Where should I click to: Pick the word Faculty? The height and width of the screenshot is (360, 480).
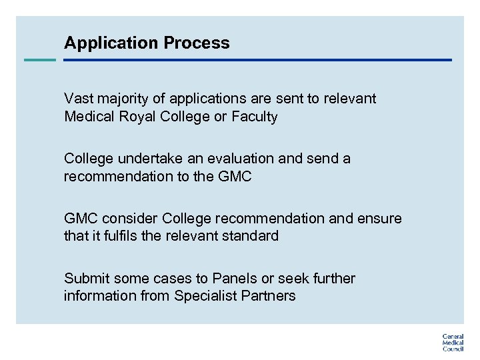point(255,117)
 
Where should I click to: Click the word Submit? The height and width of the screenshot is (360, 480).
point(87,279)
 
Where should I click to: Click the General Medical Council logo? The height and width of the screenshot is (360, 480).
point(453,342)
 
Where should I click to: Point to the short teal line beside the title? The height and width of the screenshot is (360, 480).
point(40,60)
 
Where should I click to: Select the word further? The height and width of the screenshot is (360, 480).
point(333,279)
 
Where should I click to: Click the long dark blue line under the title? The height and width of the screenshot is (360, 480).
point(257,60)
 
